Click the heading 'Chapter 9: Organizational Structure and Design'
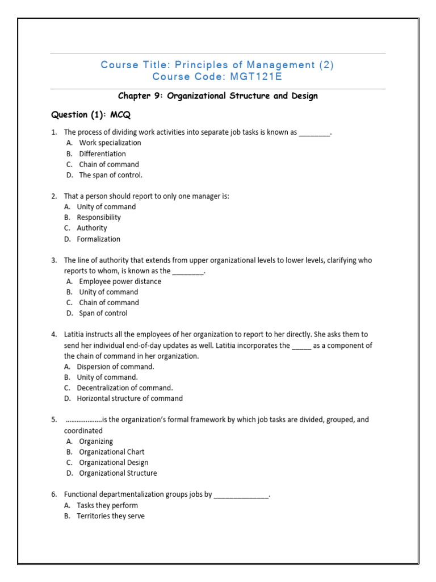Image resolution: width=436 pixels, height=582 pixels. click(217, 96)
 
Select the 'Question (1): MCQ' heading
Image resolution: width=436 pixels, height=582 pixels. click(91, 115)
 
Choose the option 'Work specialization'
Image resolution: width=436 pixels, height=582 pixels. click(110, 143)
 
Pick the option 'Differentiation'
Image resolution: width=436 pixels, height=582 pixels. click(102, 153)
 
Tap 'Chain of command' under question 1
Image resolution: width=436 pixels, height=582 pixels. click(109, 164)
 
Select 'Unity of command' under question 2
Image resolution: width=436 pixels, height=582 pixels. click(106, 207)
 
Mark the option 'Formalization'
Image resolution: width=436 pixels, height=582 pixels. click(99, 239)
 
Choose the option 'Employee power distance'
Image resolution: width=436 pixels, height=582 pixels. click(120, 281)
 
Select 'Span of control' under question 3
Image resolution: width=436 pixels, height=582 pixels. click(103, 313)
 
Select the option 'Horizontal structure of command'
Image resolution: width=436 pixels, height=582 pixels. click(130, 398)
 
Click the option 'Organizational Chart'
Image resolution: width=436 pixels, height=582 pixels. click(112, 452)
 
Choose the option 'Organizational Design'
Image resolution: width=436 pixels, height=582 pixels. click(114, 463)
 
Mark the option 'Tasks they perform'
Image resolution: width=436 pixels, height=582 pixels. click(108, 505)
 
